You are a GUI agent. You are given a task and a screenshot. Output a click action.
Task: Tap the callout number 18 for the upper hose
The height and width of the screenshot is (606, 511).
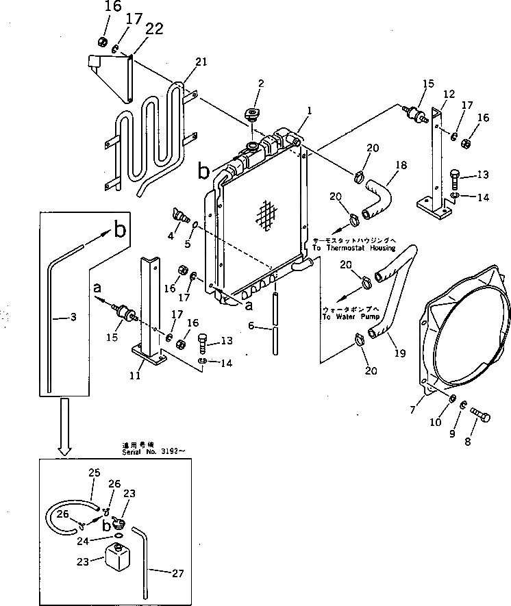(401, 166)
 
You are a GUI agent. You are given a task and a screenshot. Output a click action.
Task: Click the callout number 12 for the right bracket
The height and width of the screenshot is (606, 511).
(449, 94)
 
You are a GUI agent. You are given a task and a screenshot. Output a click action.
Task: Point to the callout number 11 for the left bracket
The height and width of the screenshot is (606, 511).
(136, 375)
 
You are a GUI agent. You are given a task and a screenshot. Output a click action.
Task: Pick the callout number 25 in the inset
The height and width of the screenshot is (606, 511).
(95, 472)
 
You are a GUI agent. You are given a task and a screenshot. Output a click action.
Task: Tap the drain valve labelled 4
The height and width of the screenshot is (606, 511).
(182, 217)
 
